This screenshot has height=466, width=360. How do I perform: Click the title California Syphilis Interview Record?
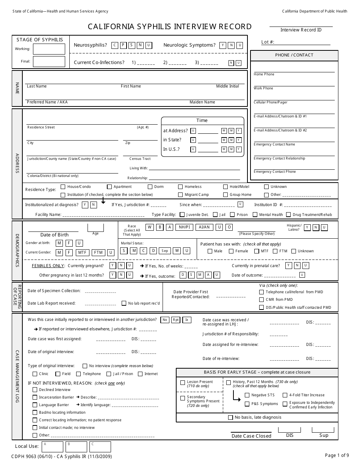170,27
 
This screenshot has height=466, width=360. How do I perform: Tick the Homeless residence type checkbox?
180,187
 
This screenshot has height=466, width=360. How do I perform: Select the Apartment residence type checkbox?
110,187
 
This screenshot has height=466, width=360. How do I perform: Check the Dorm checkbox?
150,187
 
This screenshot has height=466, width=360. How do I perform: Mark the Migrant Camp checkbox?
180,195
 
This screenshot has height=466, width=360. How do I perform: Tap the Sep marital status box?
164,251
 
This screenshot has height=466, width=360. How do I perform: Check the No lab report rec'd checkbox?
124,303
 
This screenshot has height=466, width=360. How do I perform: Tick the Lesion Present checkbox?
182,383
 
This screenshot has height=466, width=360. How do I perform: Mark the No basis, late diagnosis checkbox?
230,417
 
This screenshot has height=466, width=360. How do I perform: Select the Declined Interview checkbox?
35,389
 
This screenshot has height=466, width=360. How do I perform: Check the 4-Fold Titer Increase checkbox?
285,395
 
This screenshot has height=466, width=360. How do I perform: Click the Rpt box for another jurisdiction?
176,320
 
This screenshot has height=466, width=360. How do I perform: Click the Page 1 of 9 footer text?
336,455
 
